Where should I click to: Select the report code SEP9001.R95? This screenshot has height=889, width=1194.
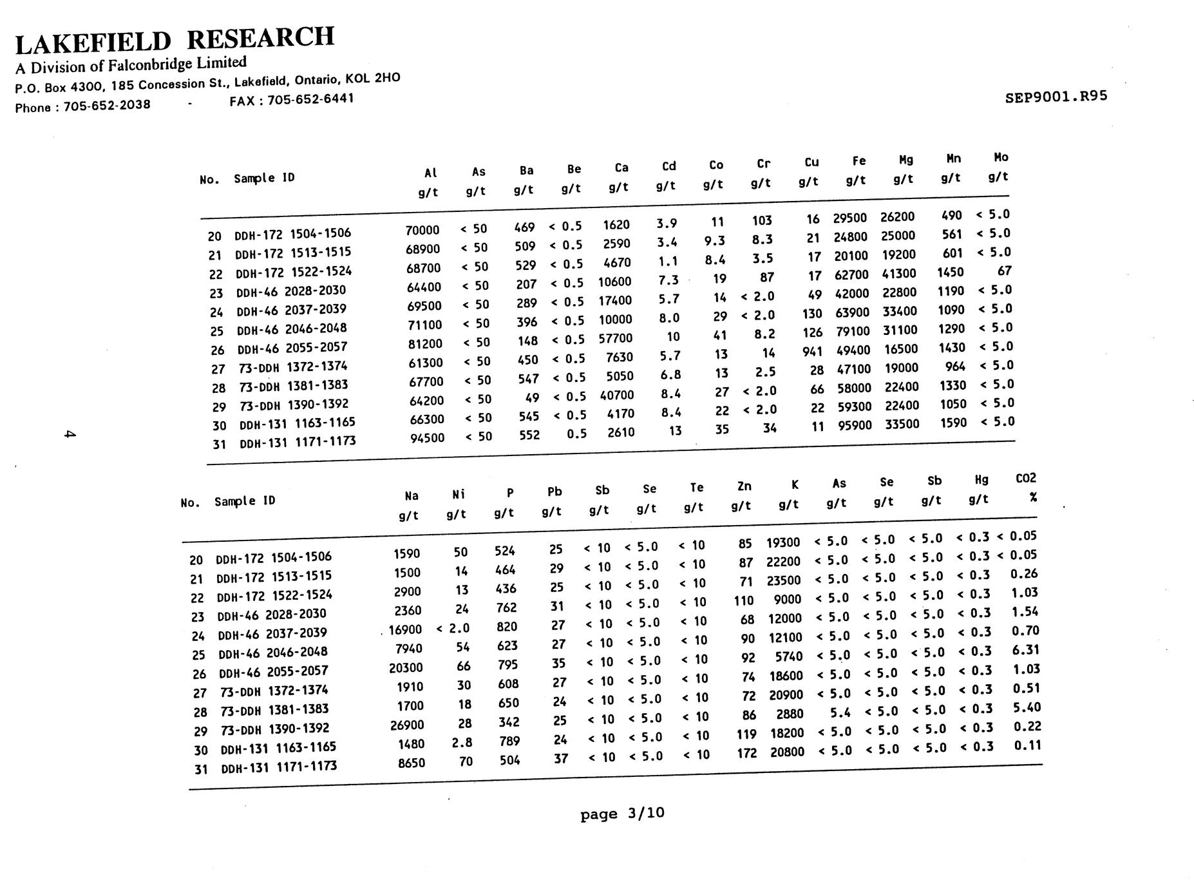1056,97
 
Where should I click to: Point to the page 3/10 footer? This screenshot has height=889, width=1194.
622,814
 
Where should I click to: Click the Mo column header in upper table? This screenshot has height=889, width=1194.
1001,157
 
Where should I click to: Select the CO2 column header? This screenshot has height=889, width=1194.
1026,478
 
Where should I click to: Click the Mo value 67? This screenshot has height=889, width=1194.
1004,271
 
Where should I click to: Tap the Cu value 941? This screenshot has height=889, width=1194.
812,351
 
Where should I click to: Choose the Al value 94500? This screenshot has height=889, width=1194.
428,438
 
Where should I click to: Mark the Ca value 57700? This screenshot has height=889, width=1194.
616,338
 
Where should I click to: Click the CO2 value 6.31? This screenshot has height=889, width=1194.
1025,650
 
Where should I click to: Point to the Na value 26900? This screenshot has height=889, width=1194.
407,725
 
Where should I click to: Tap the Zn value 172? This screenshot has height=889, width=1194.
746,752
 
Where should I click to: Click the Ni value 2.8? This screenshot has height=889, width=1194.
462,743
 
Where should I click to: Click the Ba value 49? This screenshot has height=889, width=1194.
532,398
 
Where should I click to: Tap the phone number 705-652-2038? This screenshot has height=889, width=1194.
107,106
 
